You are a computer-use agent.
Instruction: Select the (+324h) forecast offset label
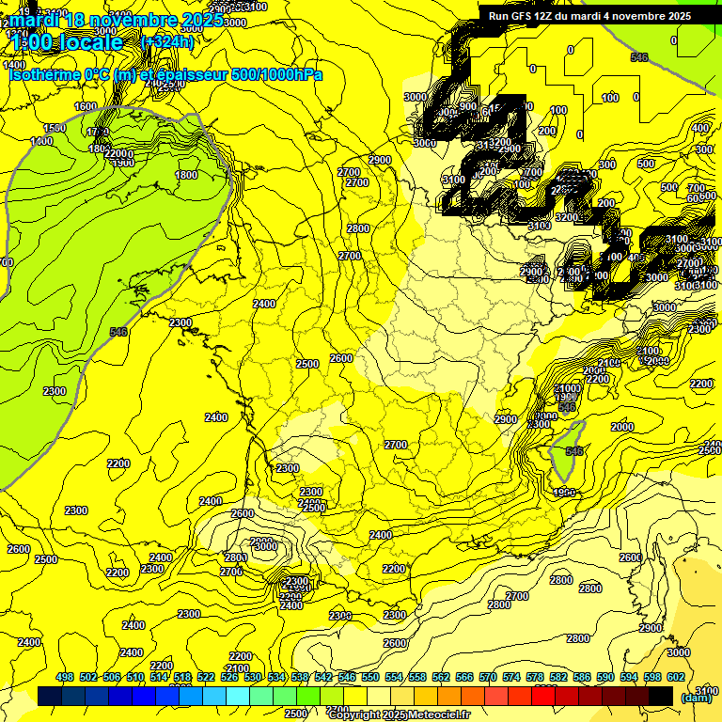pyautogui.click(x=166, y=42)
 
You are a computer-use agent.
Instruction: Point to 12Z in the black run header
pyautogui.click(x=551, y=16)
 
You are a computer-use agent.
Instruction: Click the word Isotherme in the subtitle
pyautogui.click(x=44, y=74)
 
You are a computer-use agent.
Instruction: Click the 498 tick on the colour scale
pyautogui.click(x=65, y=678)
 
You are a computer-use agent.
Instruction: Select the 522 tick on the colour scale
pyautogui.click(x=206, y=678)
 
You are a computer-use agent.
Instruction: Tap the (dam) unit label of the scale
pyautogui.click(x=697, y=698)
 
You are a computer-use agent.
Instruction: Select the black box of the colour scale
pyautogui.click(x=661, y=696)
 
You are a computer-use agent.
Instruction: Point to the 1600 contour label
pyautogui.click(x=86, y=107)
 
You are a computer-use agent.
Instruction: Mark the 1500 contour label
pyautogui.click(x=55, y=128)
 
